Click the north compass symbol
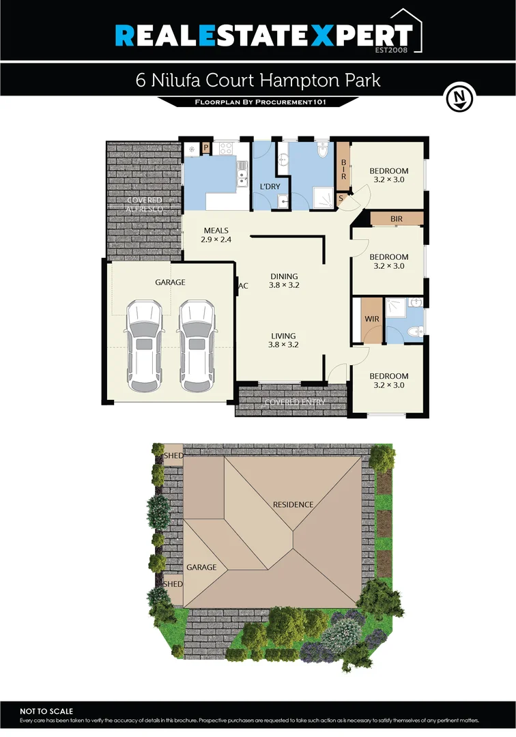(x=459, y=98)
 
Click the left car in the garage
(x=145, y=345)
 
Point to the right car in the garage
(x=196, y=345)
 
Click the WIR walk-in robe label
(x=372, y=319)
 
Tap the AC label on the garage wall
(x=242, y=286)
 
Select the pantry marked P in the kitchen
(x=205, y=147)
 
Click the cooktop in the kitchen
(x=225, y=147)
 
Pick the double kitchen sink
(x=242, y=174)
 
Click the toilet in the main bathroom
(x=324, y=150)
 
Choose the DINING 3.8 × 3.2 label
(x=284, y=280)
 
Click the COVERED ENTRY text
(x=295, y=403)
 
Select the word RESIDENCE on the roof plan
(x=293, y=505)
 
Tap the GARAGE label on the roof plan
(x=201, y=567)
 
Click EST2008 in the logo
(x=392, y=49)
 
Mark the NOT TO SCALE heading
(x=46, y=711)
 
